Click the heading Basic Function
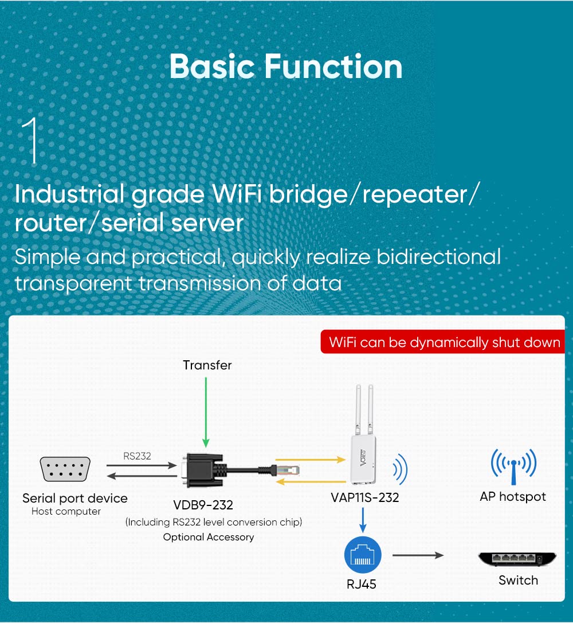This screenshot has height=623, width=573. [286, 67]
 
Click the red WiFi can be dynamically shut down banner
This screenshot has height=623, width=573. [443, 342]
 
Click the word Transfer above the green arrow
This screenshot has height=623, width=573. [207, 365]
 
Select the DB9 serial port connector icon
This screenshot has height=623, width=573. [65, 469]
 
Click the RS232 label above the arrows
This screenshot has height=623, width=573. [137, 456]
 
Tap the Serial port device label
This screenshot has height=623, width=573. [74, 498]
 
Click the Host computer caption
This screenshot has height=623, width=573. [66, 511]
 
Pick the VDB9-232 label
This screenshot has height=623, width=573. [203, 505]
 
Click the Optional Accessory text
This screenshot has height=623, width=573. [209, 537]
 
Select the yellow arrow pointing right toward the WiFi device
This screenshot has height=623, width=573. [310, 459]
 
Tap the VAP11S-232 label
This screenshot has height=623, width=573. [365, 497]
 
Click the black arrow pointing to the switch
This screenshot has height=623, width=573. [418, 555]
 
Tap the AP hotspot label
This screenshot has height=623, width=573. [513, 497]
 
